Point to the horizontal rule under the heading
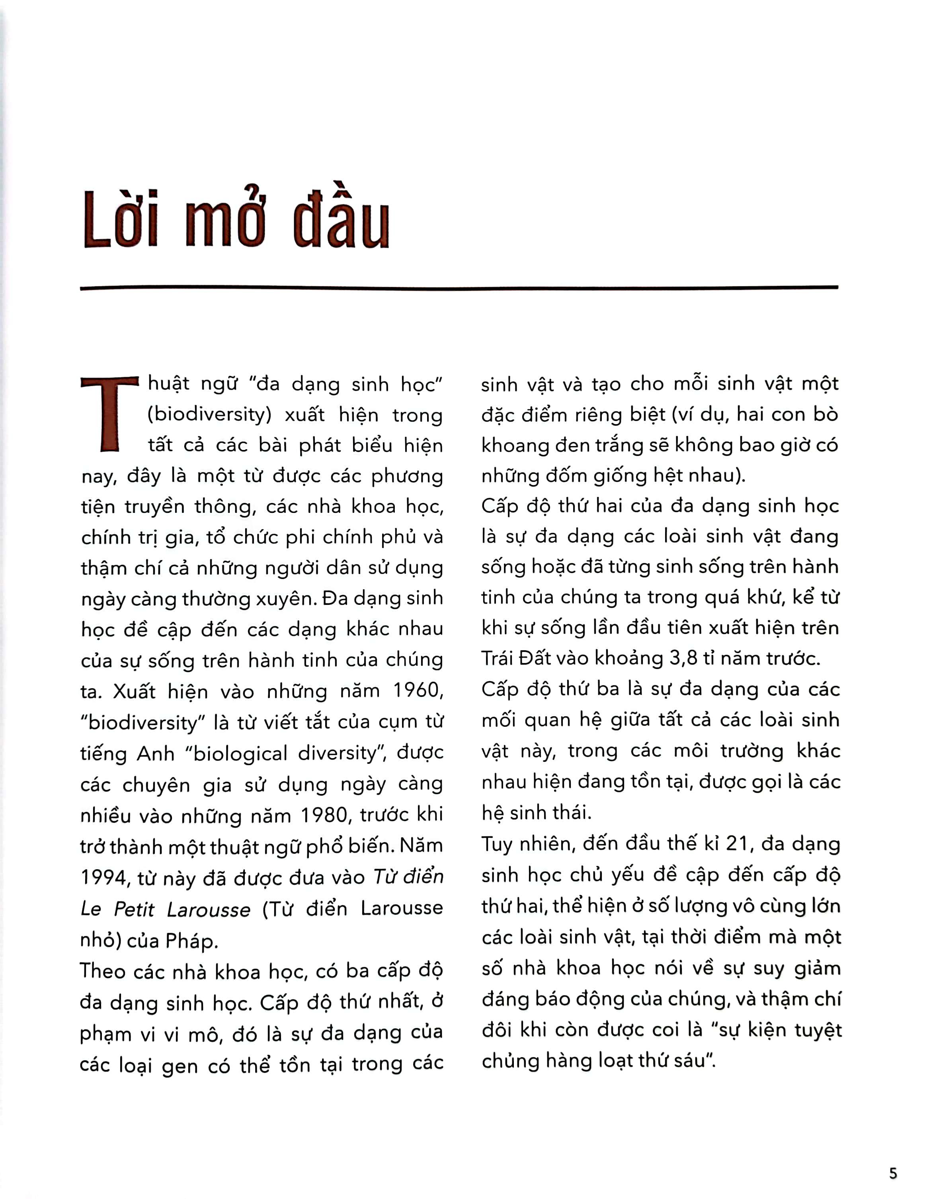(459, 287)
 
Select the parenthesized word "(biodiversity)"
(209, 415)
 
